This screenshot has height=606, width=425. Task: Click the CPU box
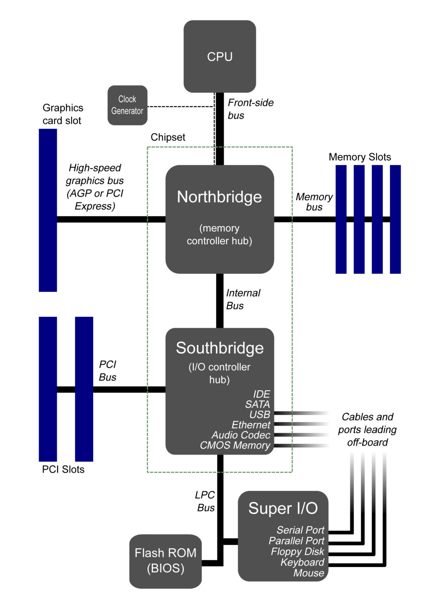coord(220,56)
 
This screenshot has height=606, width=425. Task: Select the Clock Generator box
coord(127,105)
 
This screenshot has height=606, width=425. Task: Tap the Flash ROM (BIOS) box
coord(165,561)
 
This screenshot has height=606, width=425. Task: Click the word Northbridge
coord(219,197)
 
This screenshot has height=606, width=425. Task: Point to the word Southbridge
coord(220,348)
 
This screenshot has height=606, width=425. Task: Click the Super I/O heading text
coord(283,509)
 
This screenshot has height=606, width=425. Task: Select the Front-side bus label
coord(250,109)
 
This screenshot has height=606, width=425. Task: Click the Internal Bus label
coord(243,299)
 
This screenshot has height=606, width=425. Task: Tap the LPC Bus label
coord(205,501)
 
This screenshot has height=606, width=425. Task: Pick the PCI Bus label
coord(107,370)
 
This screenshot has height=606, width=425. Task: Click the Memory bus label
coord(314,202)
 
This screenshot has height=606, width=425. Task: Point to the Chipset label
coord(168,137)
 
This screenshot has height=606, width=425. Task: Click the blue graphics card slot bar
coord(48,210)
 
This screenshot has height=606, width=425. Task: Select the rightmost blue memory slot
coord(395,219)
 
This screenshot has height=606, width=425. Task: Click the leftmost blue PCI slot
coord(48,389)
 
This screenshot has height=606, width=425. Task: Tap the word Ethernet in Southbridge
coord(251,425)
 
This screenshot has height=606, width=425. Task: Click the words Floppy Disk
coord(297,552)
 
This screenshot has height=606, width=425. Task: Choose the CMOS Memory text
coord(235,445)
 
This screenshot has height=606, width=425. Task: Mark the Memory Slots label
coord(360,157)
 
